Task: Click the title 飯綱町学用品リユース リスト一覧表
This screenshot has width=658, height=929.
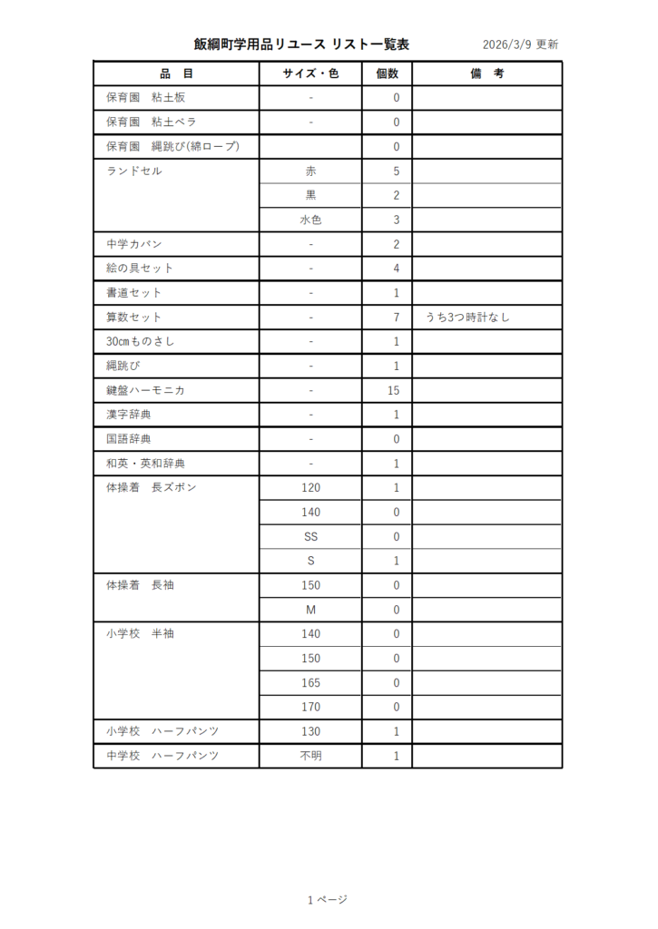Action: point(301,44)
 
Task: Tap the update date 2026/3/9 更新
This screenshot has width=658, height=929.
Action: point(520,44)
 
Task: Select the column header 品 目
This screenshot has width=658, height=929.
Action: point(176,73)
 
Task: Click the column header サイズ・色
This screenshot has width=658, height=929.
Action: point(310,73)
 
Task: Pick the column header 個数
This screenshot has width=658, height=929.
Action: point(387,73)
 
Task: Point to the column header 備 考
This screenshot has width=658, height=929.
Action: point(486,73)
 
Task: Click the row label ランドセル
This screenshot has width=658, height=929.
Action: point(134,171)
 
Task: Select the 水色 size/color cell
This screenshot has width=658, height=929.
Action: point(310,220)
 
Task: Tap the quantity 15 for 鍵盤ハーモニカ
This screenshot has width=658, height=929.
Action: point(394,390)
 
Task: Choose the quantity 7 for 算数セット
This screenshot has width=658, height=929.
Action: point(397,318)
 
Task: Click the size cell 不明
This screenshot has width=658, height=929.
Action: point(310,756)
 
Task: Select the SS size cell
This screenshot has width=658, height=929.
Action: point(310,536)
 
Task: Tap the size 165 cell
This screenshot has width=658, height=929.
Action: point(310,683)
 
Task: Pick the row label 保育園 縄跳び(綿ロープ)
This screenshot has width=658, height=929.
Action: point(172,146)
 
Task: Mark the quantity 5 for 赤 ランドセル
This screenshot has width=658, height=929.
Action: point(397,171)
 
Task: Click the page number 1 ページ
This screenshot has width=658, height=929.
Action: point(327,900)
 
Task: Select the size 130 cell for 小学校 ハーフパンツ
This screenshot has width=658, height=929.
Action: point(310,731)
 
